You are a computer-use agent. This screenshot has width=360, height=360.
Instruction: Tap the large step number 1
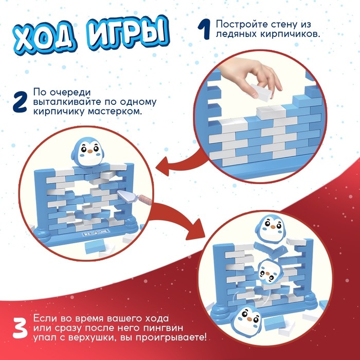[x=204, y=29]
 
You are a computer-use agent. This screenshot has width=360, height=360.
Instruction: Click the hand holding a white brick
[x=262, y=80]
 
